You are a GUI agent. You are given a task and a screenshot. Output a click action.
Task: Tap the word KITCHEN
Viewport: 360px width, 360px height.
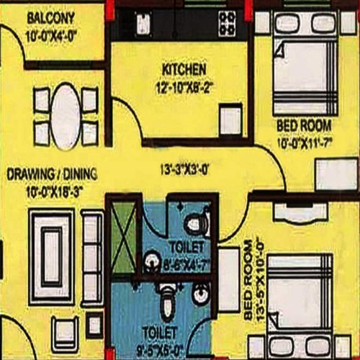click(184, 69)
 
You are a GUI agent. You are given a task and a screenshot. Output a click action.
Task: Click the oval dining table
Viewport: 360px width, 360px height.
click(66, 114)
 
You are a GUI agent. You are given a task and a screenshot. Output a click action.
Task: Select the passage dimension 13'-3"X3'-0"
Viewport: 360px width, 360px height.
click(184, 171)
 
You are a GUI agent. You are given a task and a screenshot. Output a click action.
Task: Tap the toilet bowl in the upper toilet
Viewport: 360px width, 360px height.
click(194, 225)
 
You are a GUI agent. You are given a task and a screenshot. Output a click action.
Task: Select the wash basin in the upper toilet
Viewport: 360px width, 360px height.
click(152, 260)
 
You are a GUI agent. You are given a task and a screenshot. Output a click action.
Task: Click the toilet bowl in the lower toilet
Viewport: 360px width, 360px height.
click(166, 305)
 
